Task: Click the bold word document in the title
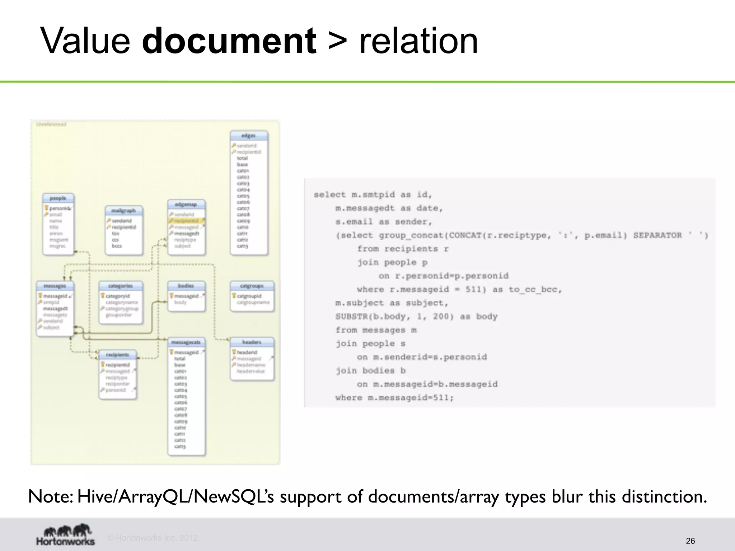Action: tap(229, 41)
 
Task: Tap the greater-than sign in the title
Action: tap(337, 41)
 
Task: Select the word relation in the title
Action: tap(418, 41)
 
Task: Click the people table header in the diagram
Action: tap(58, 198)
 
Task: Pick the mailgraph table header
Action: tap(123, 211)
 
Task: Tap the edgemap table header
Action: tap(186, 204)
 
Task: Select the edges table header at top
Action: tap(248, 136)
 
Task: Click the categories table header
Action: tap(121, 286)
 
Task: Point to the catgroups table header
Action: tap(252, 286)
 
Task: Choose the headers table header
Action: tap(252, 342)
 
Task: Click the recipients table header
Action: tap(117, 355)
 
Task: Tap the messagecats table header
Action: tap(186, 342)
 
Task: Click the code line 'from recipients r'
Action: tap(403, 249)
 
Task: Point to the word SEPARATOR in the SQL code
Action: tap(657, 235)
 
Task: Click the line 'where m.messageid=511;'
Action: tap(394, 398)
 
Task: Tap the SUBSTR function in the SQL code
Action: tap(349, 317)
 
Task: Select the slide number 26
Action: tap(690, 541)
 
